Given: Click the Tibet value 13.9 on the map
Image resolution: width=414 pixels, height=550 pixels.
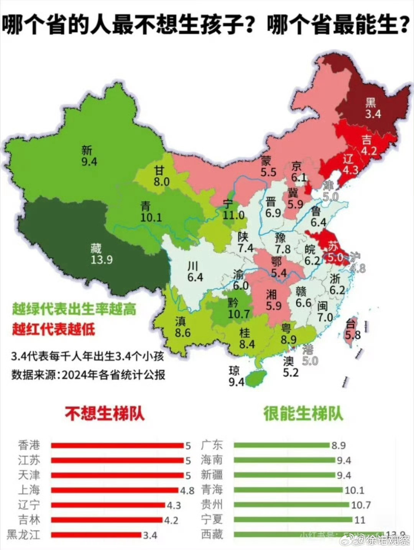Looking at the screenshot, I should click(x=102, y=260).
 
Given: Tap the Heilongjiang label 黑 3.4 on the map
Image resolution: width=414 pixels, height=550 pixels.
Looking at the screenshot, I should click(x=372, y=108).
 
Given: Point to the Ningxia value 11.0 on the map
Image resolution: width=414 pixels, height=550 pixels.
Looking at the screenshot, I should click(x=233, y=215).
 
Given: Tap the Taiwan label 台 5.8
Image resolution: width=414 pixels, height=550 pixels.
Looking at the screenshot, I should click(x=352, y=330).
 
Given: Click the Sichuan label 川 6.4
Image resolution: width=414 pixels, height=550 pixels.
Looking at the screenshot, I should click(x=195, y=271).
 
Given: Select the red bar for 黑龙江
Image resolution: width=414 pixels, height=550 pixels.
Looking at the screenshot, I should click(x=96, y=535).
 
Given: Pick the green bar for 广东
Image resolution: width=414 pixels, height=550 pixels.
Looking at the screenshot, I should click(x=282, y=445).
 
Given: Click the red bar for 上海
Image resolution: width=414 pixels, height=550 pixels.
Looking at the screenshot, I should click(x=115, y=490).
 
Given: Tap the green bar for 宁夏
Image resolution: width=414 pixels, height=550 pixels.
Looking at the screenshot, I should click(x=293, y=520).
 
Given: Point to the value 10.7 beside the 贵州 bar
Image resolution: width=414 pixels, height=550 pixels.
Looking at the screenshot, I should click(x=361, y=505).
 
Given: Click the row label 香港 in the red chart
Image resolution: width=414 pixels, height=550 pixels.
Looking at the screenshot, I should click(x=29, y=445).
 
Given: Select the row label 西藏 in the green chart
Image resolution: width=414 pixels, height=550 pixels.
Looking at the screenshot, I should click(x=212, y=534).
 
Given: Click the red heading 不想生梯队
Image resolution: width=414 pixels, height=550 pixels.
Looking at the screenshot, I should click(x=104, y=414).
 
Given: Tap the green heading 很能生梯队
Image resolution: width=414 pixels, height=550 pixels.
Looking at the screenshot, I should click(x=303, y=414).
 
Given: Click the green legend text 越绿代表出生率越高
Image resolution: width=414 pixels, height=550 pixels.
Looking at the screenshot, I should click(x=74, y=309).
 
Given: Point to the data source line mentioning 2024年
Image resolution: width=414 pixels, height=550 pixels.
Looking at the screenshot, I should click(x=88, y=375).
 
